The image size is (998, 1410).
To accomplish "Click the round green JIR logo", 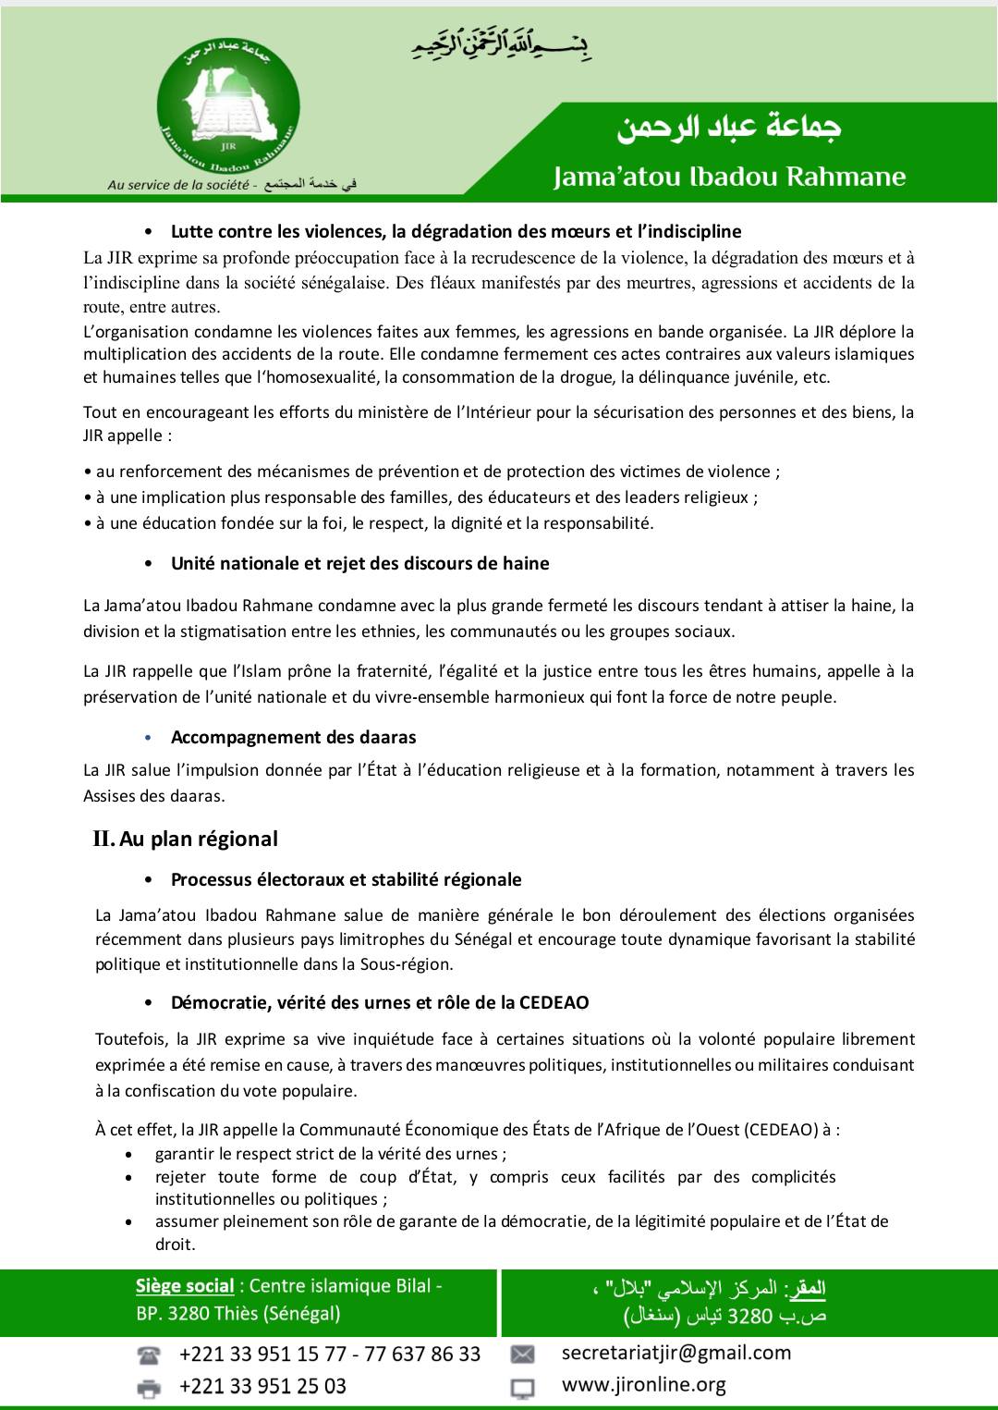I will pos(228,110).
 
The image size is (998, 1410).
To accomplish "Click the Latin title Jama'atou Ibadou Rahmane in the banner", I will pos(729,177).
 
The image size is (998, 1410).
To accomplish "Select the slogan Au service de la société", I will pos(178,185).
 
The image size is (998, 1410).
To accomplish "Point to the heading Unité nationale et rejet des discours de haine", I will pos(359,564).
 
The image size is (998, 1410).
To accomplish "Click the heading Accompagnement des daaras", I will pos(293,738).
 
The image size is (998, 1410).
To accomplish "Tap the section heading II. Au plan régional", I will pos(185,840).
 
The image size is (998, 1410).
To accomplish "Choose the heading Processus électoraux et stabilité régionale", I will pos(346,880).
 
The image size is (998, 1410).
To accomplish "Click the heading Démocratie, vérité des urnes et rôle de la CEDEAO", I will pos(379,1003).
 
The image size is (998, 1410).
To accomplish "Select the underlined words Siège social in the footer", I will pos(185,1286).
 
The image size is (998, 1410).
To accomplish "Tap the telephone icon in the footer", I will pos(148,1355).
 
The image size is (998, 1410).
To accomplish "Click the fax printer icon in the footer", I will pos(148,1387).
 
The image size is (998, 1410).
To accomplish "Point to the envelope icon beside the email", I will pos(522,1355).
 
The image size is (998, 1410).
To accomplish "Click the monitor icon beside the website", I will pos(522,1387).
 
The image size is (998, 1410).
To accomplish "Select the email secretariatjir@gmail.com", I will pos(675,1354).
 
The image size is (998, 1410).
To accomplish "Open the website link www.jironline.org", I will pos(643,1385).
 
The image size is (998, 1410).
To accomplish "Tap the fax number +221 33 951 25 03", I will pos(262,1387).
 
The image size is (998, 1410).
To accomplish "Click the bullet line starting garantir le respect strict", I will pos(330,1154).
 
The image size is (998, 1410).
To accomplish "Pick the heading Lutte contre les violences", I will pos(456,231).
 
